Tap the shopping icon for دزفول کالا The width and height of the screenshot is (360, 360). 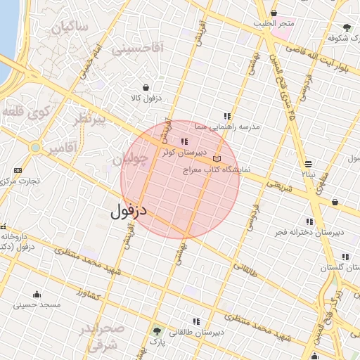coord(146,87)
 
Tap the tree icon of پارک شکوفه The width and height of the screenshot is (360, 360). coord(347,28)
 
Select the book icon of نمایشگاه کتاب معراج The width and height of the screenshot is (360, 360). coord(217,160)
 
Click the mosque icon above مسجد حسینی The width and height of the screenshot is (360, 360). coord(37,294)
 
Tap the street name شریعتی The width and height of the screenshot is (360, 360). coord(278,186)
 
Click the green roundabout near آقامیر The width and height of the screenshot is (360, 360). coord(34,148)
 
